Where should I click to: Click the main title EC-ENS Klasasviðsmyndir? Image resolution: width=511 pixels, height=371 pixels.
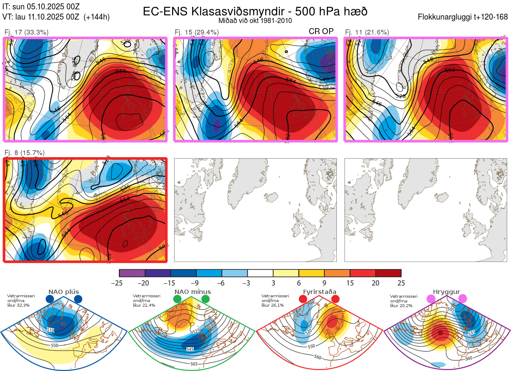tap(255, 11)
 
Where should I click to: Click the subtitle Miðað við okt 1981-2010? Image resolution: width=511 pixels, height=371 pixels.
tap(255, 21)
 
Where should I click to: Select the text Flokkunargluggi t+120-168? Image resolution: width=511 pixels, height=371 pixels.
tap(463, 17)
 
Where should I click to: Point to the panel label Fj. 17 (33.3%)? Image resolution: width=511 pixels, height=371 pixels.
tap(26, 32)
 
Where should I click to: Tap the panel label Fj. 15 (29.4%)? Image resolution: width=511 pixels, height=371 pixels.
tap(197, 32)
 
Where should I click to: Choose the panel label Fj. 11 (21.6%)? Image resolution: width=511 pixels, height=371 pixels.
tap(367, 32)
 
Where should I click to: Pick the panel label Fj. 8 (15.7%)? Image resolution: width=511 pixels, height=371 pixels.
tap(25, 153)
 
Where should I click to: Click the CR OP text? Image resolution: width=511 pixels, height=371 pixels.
tap(321, 31)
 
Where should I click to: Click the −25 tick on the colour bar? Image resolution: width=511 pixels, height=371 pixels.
tap(119, 283)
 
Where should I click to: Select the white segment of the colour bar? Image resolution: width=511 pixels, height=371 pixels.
tap(260, 273)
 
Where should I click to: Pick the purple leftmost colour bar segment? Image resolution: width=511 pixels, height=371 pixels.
tap(132, 273)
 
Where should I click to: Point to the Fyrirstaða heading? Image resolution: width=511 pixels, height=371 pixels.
tap(319, 292)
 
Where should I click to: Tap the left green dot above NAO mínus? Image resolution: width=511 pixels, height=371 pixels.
tap(177, 299)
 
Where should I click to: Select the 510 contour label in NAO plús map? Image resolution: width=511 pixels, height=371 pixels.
tap(51, 330)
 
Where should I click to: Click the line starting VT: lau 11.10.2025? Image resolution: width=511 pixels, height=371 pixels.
tap(56, 17)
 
